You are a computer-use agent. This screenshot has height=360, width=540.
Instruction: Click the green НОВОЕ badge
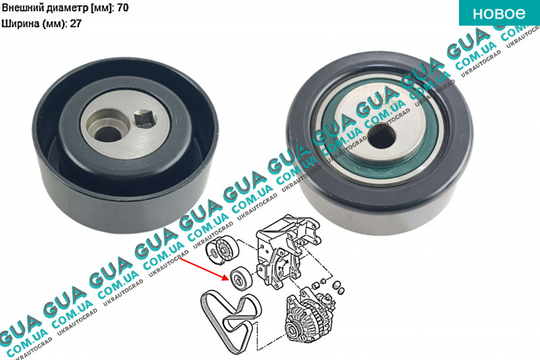click(x=500, y=13)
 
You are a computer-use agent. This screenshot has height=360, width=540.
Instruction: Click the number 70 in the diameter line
click(x=123, y=7)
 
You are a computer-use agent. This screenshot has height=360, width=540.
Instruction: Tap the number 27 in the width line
click(x=76, y=24)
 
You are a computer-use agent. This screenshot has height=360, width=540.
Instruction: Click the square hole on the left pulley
click(x=145, y=118)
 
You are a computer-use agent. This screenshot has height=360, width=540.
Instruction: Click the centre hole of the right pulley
click(x=381, y=134)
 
